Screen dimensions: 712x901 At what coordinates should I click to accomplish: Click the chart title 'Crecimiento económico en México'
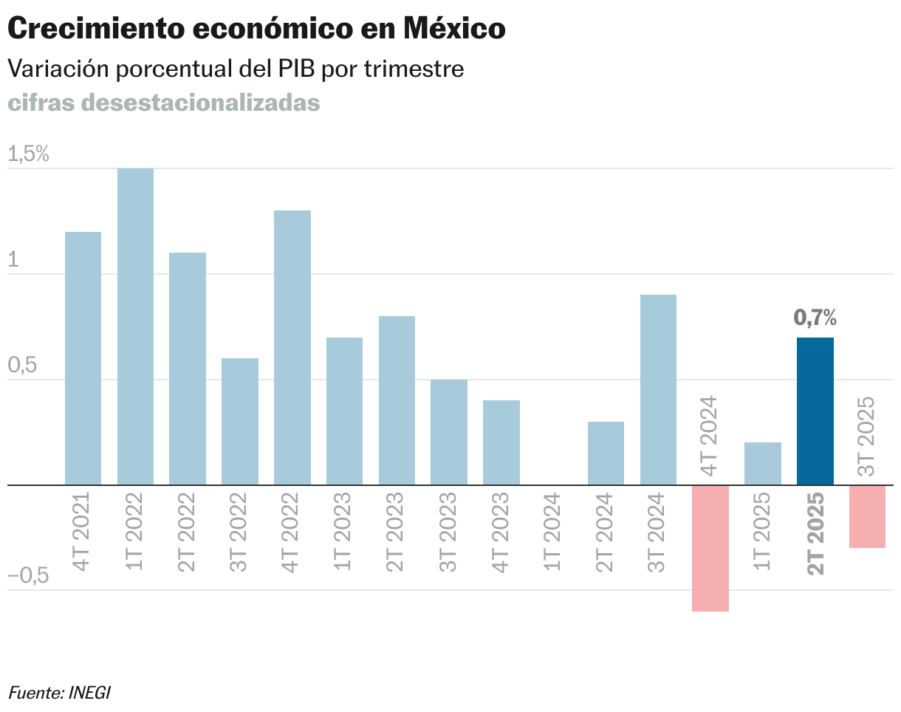coord(256,30)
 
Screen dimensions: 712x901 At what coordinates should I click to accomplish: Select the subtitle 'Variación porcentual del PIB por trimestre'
coord(236,69)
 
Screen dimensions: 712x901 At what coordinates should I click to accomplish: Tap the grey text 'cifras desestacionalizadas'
coord(164,103)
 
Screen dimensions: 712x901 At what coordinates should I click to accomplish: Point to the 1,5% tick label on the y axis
coord(28,154)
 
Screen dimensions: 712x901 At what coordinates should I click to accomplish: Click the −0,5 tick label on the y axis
coord(28,575)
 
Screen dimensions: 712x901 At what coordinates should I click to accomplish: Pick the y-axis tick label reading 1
coord(13,260)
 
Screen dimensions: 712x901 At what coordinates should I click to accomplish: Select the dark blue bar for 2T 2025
coord(815,411)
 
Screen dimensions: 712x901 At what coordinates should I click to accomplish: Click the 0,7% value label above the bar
coord(815,318)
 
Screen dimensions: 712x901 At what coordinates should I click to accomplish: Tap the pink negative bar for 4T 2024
coord(710,548)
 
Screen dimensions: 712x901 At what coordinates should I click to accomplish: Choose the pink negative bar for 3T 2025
coord(867,516)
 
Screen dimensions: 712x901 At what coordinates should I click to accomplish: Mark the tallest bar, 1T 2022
coord(135,326)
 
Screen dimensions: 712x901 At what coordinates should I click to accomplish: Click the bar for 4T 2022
coord(292,348)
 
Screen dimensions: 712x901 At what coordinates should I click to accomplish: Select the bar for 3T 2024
coord(658,390)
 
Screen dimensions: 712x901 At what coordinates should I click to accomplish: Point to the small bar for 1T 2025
coord(763,464)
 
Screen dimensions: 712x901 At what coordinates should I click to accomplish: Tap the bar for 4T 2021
coord(83,358)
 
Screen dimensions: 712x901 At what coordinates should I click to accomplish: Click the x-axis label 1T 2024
coord(552,532)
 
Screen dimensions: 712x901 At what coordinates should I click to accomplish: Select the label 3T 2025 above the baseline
coord(866,436)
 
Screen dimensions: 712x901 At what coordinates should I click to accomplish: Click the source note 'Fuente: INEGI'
coord(59,692)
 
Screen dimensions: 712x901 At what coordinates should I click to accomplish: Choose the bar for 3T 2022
coord(240,422)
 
